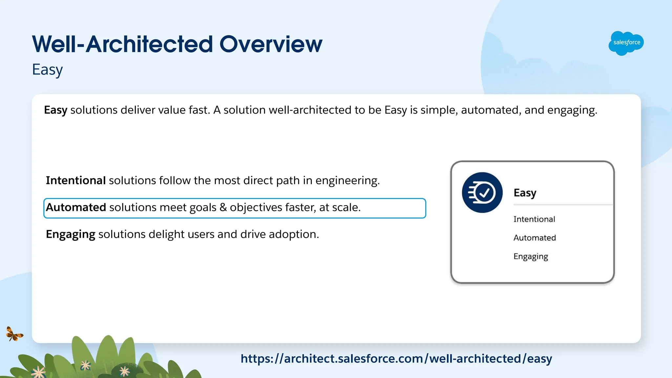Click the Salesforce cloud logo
626,43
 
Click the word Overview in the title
271,44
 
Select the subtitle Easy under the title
47,70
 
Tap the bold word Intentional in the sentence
75,181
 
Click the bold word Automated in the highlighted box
76,208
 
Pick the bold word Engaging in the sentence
71,234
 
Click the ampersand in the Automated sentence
223,208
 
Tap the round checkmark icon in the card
482,193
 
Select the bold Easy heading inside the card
525,193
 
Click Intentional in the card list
534,219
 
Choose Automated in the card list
535,238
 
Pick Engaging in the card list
531,256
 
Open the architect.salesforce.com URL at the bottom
396,359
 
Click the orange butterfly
14,334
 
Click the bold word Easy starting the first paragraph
55,110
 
